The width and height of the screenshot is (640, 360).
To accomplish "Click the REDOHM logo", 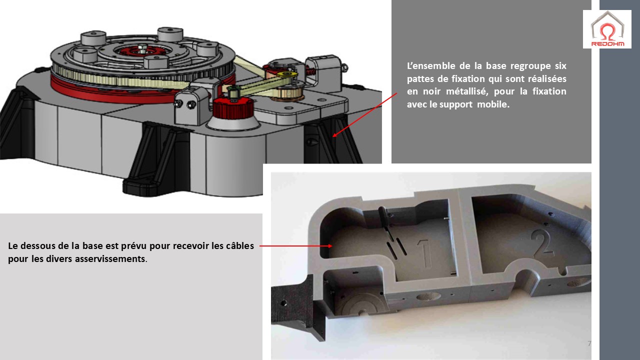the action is click(x=607, y=29).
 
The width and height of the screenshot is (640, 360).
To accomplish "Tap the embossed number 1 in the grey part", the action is click(x=424, y=253).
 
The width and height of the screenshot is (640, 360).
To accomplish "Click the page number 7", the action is click(x=589, y=343).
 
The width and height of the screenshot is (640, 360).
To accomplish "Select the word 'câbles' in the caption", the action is click(x=239, y=245).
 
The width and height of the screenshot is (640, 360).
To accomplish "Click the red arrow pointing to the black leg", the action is click(x=365, y=115).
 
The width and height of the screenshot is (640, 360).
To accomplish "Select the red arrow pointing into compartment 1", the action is click(x=295, y=245).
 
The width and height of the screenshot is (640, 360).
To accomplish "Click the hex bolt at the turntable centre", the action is click(x=141, y=48).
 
